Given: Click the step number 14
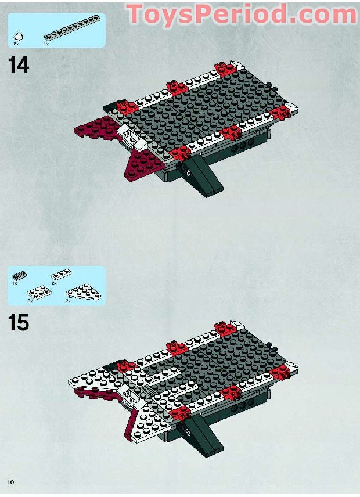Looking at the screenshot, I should point(19,64).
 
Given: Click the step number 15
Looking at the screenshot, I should point(19,322).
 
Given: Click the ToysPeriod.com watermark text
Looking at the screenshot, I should point(242,14).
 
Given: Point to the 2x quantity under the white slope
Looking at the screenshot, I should point(16,44).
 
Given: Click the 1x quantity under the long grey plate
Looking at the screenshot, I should point(46,44).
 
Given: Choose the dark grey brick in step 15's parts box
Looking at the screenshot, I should point(19,276).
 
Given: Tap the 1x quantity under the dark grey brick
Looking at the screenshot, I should point(14,284).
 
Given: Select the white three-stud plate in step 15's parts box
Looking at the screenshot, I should point(61,275).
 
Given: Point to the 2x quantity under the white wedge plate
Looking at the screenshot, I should point(68,301).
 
